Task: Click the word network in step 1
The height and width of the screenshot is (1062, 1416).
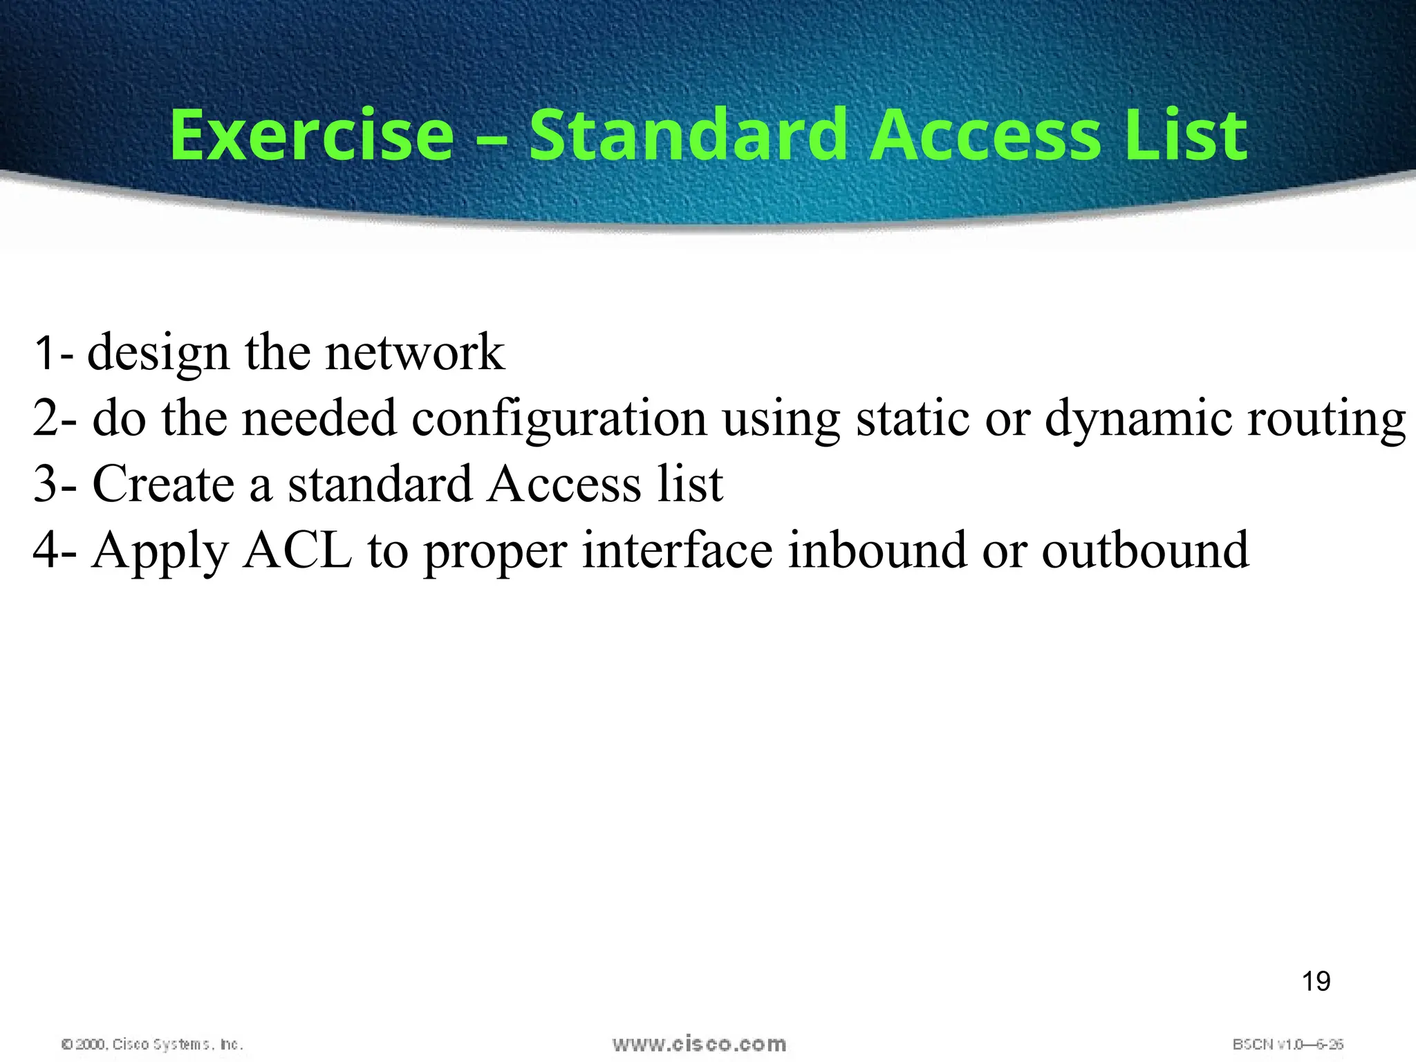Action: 415,353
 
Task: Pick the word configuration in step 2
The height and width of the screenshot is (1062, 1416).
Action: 559,419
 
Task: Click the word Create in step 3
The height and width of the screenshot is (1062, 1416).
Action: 163,483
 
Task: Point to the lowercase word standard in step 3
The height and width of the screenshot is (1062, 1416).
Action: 380,483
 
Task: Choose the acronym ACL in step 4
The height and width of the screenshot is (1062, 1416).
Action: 297,550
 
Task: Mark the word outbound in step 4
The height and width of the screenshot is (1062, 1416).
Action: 1145,550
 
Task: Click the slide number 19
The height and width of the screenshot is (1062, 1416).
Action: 1316,981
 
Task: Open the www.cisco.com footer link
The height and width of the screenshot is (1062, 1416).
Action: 699,1043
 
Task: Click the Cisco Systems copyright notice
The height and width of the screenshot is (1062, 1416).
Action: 152,1044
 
